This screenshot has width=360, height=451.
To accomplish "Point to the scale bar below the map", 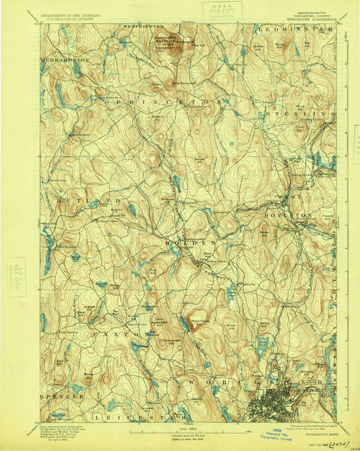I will click(180, 434).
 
